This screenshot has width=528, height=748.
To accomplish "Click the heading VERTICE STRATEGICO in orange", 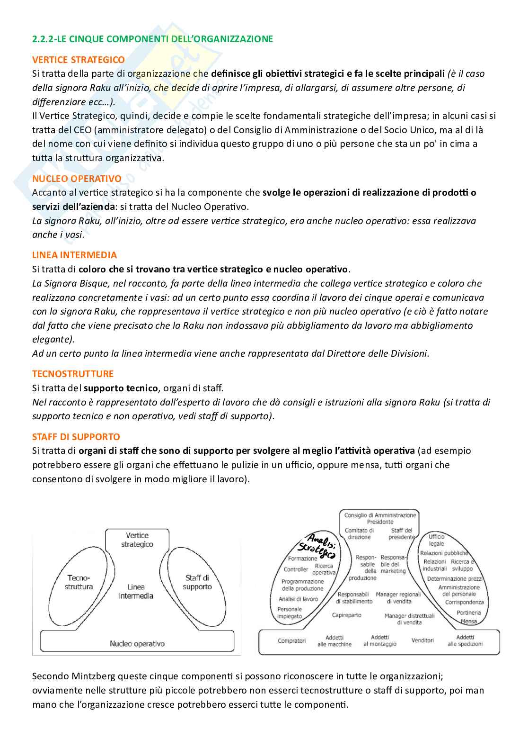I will click(79, 60).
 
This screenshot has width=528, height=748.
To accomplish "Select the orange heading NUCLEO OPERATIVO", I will click(77, 179).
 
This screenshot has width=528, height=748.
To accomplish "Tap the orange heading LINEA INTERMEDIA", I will click(74, 255).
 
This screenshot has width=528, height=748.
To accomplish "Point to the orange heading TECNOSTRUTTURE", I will click(73, 374).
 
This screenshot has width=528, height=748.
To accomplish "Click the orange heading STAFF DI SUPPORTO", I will click(76, 437).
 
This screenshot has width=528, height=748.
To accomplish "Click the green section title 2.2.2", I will click(152, 39).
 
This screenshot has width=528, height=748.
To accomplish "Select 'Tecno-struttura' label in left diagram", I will click(80, 582).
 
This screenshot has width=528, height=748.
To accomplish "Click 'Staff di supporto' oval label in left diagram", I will click(197, 582).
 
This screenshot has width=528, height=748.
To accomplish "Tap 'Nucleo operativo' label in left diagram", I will click(137, 643).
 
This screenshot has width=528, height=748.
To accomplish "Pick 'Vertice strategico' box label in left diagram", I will click(137, 540).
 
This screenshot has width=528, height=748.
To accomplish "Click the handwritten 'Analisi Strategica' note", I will click(318, 545).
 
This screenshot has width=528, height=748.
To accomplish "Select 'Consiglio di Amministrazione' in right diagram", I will click(380, 515).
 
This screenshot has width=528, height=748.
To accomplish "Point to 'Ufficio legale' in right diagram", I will click(436, 540).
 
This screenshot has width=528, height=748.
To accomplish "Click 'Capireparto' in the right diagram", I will click(346, 615).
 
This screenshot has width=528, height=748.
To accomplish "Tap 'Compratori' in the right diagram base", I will click(291, 640).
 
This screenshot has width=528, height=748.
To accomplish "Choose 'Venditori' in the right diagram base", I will click(422, 640).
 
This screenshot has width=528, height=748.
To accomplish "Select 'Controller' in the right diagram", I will click(296, 569).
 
